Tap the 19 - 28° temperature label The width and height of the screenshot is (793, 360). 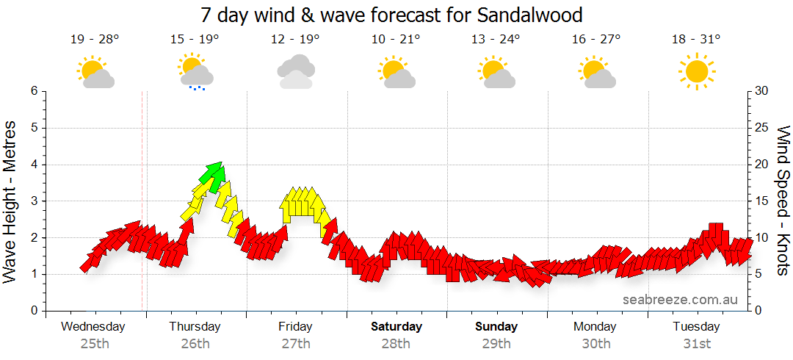95,40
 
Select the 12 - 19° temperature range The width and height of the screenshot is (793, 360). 296,40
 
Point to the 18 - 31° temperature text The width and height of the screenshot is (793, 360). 696,40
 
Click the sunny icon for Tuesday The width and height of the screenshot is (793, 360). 696,71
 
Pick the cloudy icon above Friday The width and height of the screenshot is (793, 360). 296,71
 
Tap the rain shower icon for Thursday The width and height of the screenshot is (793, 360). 195,72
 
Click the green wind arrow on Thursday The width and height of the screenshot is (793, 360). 214,176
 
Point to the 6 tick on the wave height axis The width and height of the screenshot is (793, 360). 33,91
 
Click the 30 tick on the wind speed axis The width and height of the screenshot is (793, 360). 762,91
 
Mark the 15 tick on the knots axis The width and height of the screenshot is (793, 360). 762,201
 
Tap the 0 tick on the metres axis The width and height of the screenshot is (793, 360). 33,311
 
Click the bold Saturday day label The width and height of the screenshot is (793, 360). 396,327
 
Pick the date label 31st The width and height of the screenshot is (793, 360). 696,344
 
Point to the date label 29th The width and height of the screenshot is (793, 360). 496,344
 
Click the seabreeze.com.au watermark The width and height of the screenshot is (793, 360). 680,300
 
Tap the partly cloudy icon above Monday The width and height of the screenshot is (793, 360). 596,72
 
